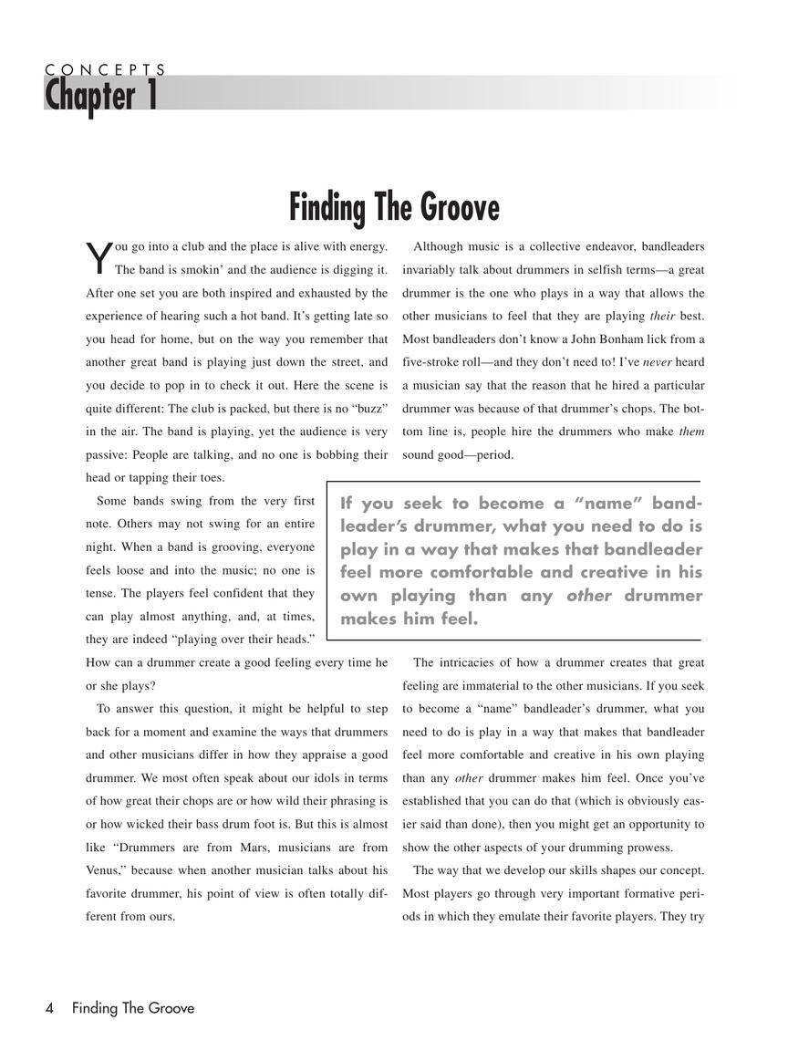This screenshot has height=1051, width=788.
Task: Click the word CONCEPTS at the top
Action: coord(105,69)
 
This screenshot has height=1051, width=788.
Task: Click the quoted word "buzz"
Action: coord(365,407)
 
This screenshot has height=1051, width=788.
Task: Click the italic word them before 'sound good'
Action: coord(692,432)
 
